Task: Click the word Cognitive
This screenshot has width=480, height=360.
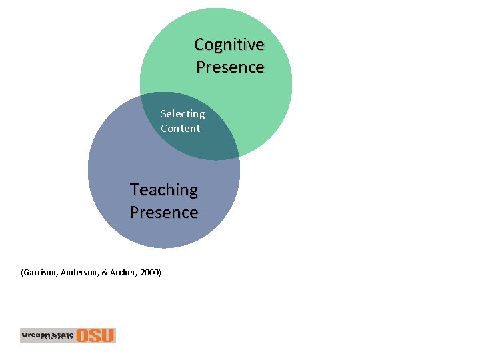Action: (229, 45)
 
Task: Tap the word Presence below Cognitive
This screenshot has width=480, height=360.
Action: (230, 67)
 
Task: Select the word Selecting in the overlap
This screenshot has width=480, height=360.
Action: (183, 114)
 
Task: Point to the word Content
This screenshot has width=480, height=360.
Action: (180, 129)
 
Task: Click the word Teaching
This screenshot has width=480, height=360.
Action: (164, 190)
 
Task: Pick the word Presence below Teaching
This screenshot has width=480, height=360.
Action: (164, 213)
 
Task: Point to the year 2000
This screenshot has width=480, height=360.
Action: (150, 273)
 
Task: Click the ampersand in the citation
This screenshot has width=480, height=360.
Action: (104, 273)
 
